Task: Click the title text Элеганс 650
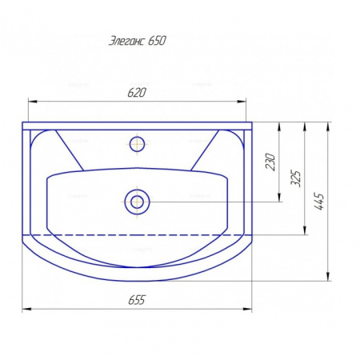(x=138, y=41)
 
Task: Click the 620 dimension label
(x=137, y=93)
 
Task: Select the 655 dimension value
(x=137, y=300)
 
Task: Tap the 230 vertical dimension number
(x=270, y=162)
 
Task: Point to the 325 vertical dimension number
(x=295, y=178)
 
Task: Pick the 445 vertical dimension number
(x=319, y=201)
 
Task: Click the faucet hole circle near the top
(x=137, y=144)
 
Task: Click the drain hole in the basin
(x=137, y=202)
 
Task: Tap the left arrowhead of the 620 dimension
(x=32, y=102)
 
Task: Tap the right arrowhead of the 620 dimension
(x=242, y=102)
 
